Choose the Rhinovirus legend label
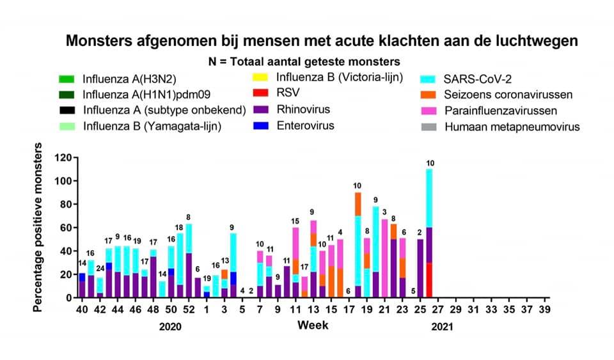304,110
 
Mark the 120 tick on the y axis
61,157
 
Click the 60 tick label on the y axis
64,228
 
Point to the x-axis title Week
313,325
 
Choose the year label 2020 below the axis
171,327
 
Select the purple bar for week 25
420,269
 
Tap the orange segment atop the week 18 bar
358,204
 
